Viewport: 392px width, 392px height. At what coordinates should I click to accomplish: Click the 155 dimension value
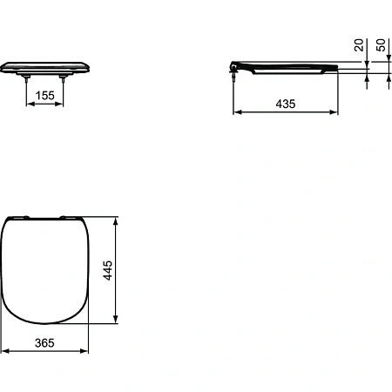(47, 95)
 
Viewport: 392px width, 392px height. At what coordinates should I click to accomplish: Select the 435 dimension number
(286, 103)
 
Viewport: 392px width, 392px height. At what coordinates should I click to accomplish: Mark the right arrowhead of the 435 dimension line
(336, 112)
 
